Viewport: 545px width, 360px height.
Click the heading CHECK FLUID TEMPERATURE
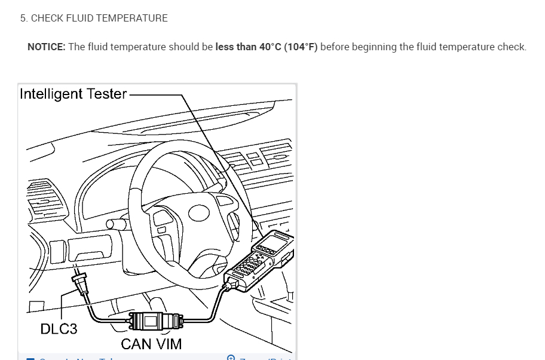tap(99, 19)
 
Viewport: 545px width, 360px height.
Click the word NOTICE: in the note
tap(46, 47)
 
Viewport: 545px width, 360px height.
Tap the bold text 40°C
tap(270, 47)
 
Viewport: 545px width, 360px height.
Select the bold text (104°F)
tap(301, 47)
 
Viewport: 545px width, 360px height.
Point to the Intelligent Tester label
tap(73, 94)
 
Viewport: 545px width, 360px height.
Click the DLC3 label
tap(59, 328)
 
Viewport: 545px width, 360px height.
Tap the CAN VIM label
tap(151, 344)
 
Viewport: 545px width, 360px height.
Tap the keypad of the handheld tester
tap(251, 263)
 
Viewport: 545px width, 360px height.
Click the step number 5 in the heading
tap(23, 19)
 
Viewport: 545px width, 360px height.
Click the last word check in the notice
tap(512, 47)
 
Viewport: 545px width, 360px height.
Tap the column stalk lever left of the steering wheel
tap(117, 224)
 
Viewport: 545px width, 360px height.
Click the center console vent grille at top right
tap(263, 159)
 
